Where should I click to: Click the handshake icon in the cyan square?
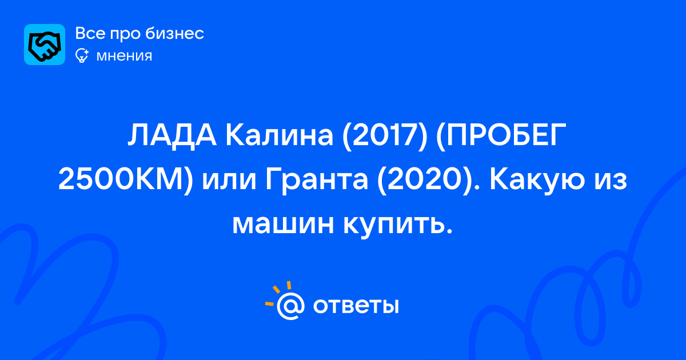(45, 45)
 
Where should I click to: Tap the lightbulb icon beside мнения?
(82, 56)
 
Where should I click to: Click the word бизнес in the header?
(174, 33)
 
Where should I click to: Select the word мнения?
(124, 57)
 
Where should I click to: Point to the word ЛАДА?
(173, 135)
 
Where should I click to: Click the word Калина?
(280, 135)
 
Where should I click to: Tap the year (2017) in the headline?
(385, 136)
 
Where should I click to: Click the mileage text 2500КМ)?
(126, 179)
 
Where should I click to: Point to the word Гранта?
(317, 181)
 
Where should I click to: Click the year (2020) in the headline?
(423, 181)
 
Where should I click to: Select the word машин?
(282, 225)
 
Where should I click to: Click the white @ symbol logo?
(290, 306)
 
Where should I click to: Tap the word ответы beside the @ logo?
(356, 306)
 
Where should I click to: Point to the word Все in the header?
(90, 33)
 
